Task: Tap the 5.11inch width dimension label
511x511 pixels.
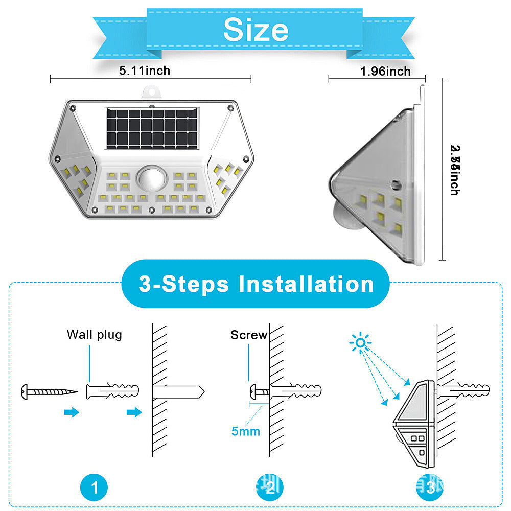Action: [x=145, y=71]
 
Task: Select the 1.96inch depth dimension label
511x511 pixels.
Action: [x=385, y=71]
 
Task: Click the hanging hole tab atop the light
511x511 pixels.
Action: [x=152, y=91]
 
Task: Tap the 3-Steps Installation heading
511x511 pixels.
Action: [x=256, y=284]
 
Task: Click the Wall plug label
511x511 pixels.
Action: [x=95, y=335]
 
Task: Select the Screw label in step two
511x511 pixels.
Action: [x=249, y=335]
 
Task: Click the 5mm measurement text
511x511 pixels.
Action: [x=246, y=431]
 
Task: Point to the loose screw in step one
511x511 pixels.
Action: [x=49, y=392]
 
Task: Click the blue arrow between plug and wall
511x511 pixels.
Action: [x=134, y=412]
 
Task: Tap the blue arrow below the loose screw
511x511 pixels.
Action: [x=72, y=412]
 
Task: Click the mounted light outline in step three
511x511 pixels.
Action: [x=414, y=424]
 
